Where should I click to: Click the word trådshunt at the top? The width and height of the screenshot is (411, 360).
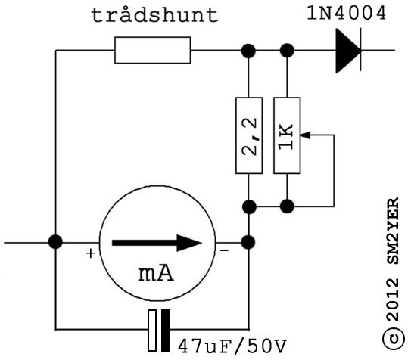point(154,15)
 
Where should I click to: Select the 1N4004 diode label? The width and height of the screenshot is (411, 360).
point(347,13)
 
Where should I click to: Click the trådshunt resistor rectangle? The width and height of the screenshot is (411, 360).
point(153,50)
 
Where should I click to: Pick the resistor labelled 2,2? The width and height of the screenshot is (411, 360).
point(249,135)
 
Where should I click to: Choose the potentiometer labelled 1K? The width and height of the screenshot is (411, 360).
point(287,135)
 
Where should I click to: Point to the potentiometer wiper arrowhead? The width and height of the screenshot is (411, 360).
point(305,135)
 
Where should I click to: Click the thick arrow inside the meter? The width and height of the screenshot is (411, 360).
point(157,243)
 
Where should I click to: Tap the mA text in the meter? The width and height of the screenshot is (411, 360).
point(156,274)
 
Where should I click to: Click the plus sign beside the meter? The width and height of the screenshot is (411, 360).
point(91,253)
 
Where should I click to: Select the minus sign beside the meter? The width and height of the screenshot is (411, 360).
point(223,251)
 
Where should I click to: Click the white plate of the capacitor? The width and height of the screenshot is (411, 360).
point(152,331)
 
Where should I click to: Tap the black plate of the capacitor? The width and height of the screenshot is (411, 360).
point(166,331)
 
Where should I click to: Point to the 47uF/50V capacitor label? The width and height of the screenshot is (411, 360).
point(232,346)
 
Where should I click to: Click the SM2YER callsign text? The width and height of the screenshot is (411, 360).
point(392,231)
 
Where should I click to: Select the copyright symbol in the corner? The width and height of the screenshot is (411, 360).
point(393,338)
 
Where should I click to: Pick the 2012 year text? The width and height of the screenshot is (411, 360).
point(392,299)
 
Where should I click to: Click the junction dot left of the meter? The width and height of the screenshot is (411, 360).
point(55,242)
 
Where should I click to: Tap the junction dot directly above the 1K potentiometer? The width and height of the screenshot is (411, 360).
point(287,51)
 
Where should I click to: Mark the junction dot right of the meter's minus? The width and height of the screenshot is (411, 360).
point(248,242)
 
